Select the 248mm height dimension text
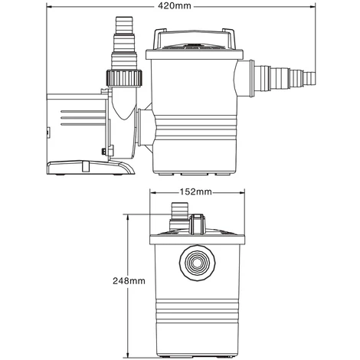127,280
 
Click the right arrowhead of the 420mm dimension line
315,6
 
